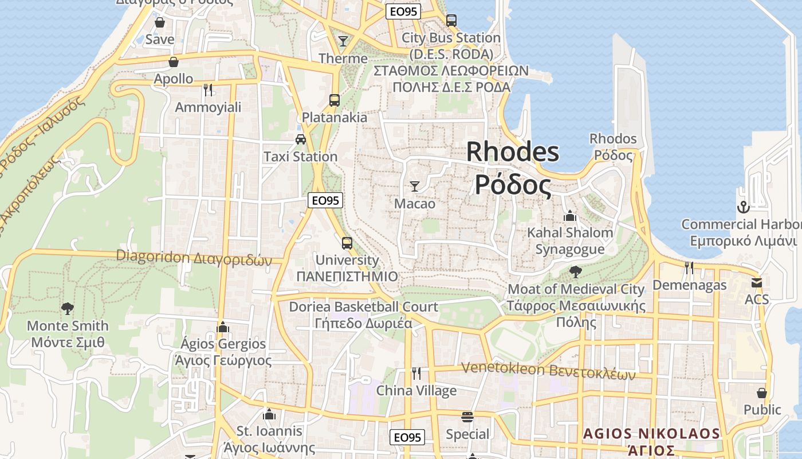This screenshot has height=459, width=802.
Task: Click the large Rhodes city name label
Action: [513, 168]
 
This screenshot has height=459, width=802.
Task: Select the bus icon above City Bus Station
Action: [451, 21]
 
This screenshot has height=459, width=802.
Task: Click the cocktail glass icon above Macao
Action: [415, 186]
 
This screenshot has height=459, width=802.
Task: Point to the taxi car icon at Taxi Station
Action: [300, 139]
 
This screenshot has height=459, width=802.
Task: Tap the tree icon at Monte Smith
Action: [68, 309]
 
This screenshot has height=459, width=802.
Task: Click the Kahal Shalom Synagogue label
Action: [570, 240]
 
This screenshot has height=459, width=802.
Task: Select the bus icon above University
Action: [347, 243]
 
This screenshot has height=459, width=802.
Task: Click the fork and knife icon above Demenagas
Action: [689, 267]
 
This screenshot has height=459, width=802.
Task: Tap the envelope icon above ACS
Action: [757, 282]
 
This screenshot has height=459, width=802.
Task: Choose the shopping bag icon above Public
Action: [762, 393]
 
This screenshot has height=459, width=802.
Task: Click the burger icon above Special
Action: [467, 417]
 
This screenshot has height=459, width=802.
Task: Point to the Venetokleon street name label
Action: [549, 371]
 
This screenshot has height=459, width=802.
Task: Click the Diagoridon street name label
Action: [194, 258]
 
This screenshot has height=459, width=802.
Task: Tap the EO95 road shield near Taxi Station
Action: [325, 200]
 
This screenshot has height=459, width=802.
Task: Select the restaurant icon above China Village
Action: [416, 374]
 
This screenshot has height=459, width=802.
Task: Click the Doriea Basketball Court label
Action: [363, 314]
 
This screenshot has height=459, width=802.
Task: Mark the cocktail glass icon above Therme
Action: [343, 41]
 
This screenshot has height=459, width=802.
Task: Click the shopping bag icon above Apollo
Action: [174, 62]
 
